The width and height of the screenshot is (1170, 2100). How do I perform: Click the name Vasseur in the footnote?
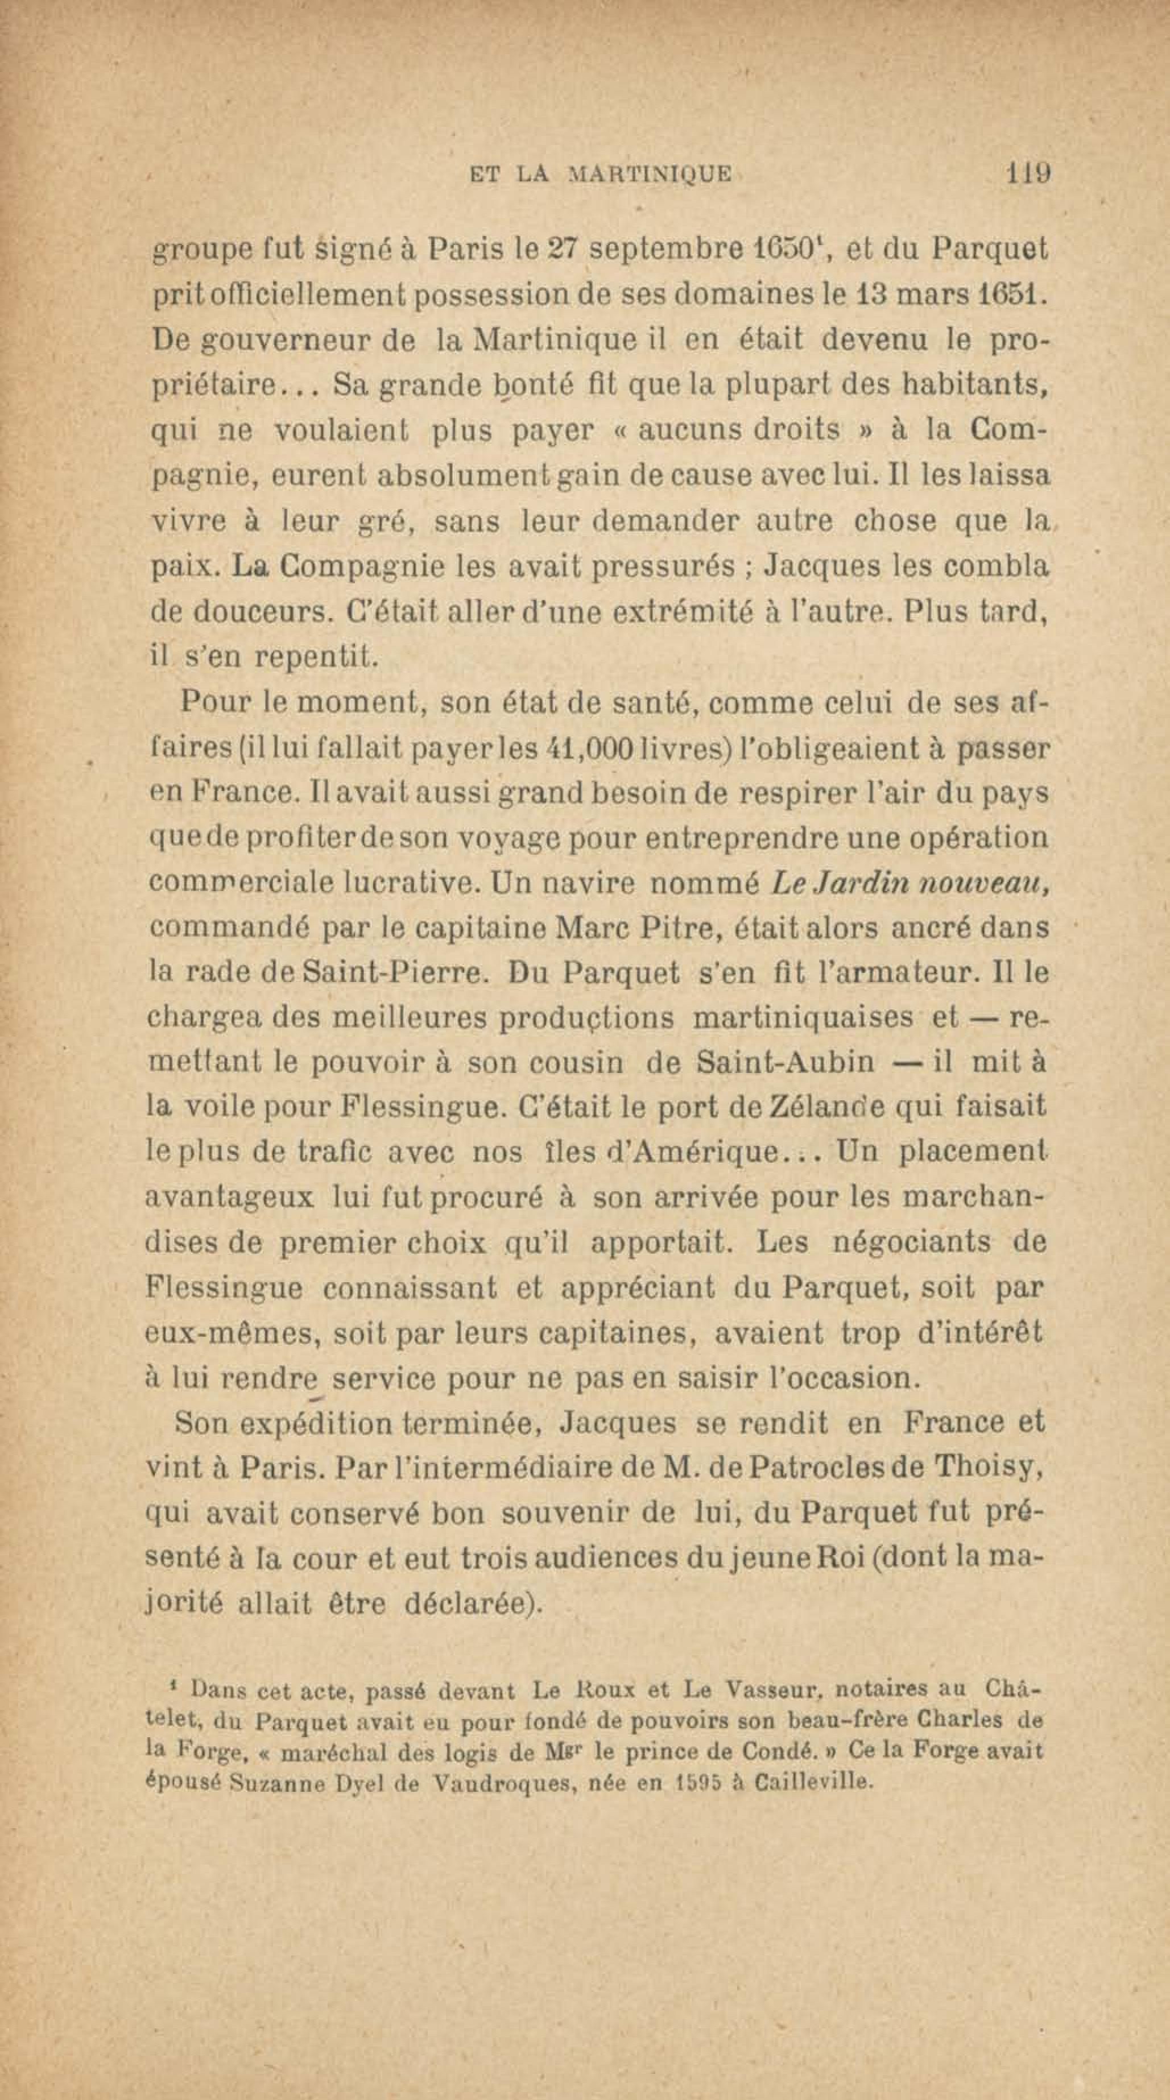coord(766,1689)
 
